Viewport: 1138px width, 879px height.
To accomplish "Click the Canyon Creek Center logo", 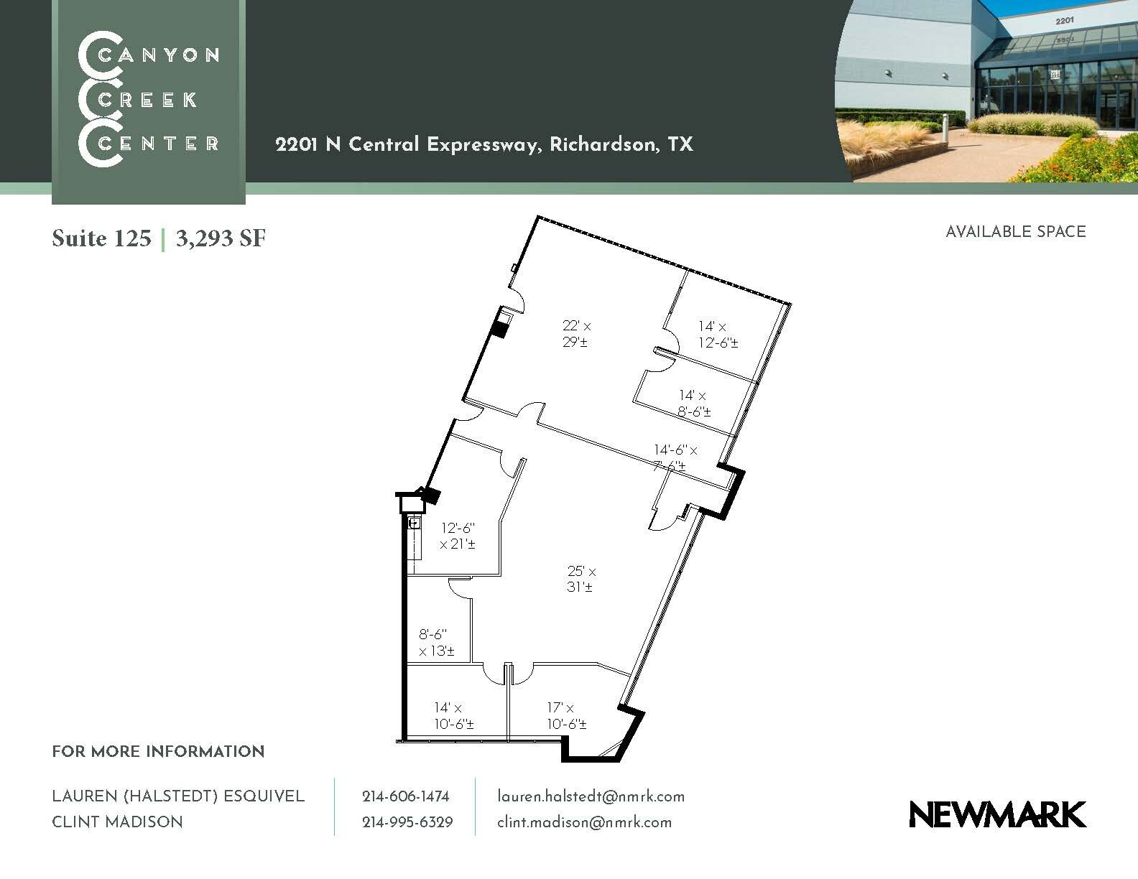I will [149, 99].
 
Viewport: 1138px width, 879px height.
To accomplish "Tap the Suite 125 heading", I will [101, 238].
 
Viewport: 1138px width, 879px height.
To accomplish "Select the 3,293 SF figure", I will [221, 238].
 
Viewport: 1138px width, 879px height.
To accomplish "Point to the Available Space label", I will [1015, 232].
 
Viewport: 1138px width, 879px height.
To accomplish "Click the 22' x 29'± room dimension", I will [576, 334].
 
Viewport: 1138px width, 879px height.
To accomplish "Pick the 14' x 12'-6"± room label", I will [717, 335].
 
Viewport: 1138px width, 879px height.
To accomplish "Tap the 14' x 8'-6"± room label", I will [695, 404].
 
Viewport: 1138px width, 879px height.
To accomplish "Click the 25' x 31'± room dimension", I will [581, 580].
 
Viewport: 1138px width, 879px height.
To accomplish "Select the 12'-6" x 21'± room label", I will [458, 536].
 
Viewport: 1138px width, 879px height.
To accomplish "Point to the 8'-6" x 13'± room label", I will [436, 643].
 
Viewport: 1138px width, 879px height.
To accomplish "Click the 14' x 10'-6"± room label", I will [453, 716].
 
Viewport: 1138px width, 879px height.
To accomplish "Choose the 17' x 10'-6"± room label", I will [566, 716].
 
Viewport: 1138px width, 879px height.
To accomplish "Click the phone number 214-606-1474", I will [406, 796].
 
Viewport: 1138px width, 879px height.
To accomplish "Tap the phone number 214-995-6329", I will [407, 822].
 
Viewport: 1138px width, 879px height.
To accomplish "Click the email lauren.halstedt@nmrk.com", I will [591, 796].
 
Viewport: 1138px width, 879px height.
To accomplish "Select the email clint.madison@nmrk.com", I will [584, 822].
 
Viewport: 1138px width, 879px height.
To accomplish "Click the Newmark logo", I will [997, 814].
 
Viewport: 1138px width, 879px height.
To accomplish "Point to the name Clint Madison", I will [117, 822].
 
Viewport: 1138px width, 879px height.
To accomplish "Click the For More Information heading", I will [158, 752].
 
